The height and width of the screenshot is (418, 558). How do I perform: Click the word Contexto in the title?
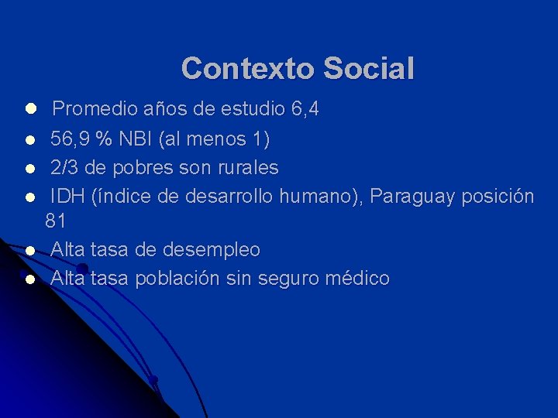tap(248, 68)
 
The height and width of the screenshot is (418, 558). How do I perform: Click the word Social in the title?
tap(369, 68)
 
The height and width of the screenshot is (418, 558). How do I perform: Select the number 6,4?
tap(305, 110)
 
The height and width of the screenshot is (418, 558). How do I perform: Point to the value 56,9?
tap(71, 140)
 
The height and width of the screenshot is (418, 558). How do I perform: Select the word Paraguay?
tap(413, 197)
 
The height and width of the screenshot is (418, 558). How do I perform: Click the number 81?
tap(56, 221)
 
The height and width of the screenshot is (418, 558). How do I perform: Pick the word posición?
tap(499, 197)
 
